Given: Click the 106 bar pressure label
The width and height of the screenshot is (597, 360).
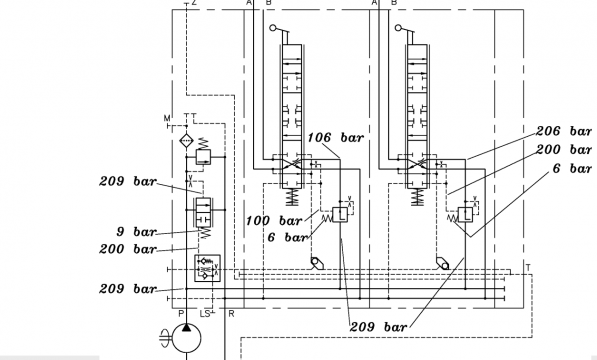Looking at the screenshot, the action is click(x=335, y=138).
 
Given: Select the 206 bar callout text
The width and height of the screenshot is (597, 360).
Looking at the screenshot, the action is click(x=564, y=131).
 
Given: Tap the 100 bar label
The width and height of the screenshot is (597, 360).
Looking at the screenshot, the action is click(x=274, y=221).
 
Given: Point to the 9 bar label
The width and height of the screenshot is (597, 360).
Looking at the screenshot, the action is click(x=136, y=231).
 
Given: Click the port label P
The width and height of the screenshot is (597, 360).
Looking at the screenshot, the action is click(x=181, y=314).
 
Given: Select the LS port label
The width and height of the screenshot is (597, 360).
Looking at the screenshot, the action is click(x=205, y=314).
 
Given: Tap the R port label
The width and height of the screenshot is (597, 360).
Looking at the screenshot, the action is click(x=231, y=314).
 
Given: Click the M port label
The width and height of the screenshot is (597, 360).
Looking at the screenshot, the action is click(x=167, y=118).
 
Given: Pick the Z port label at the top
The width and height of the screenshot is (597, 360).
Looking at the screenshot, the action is click(x=194, y=3).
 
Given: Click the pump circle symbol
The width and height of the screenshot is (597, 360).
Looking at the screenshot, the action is click(x=187, y=338).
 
